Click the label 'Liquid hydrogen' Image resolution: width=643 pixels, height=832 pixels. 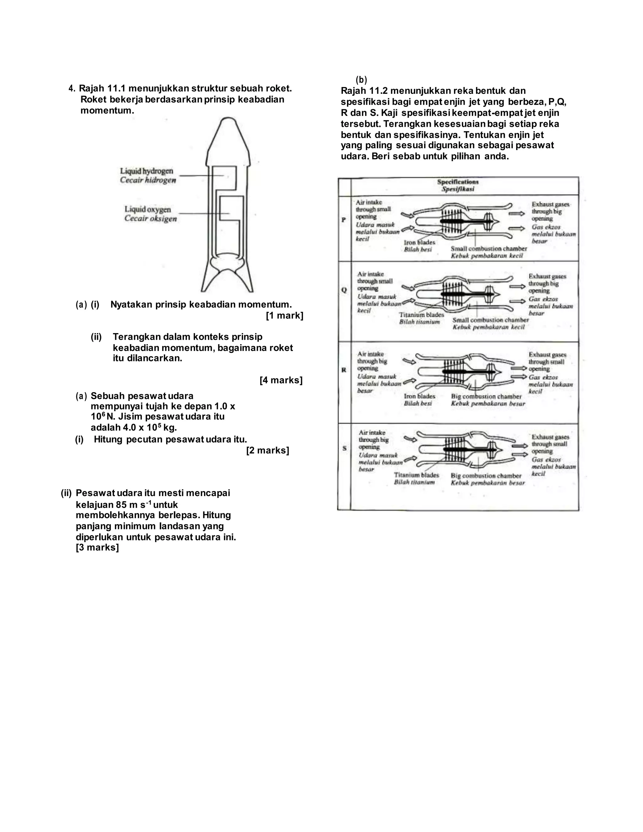147,171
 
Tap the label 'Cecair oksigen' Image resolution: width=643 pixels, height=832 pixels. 150,219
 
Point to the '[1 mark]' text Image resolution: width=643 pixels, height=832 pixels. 284,316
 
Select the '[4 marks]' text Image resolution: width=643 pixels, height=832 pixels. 281,380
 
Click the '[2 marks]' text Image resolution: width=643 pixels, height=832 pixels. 268,450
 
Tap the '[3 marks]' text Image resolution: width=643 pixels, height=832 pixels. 98,548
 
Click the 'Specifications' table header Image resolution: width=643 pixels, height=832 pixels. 458,182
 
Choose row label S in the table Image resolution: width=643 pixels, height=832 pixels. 344,448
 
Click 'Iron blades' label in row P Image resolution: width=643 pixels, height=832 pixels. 419,242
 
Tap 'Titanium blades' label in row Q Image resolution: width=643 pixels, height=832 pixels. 421,315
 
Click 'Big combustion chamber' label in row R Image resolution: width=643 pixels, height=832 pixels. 486,397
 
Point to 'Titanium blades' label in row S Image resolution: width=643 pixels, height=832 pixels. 416,475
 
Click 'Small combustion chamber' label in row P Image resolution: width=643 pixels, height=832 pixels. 489,249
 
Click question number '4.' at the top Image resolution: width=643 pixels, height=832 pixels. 72,89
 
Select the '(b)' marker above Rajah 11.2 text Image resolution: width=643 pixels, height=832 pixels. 361,80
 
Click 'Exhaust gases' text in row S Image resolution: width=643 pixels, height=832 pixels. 550,437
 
